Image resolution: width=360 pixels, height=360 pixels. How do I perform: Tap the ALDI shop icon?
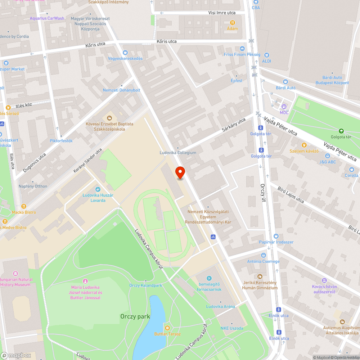click(266, 55)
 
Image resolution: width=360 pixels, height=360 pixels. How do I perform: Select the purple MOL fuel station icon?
click(284, 107)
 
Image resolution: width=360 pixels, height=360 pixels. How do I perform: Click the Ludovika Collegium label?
click(178, 153)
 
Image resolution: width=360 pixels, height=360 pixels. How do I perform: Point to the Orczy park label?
click(135, 316)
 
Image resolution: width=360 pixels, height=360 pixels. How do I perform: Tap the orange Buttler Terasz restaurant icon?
click(167, 328)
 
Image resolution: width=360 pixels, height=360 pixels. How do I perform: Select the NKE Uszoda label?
click(231, 328)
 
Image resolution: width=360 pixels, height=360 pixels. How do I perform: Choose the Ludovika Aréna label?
click(220, 306)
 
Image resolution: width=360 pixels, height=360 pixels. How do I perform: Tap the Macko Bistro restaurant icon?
click(24, 206)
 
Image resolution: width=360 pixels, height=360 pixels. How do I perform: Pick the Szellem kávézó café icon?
click(304, 145)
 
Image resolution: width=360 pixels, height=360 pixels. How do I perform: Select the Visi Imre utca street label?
click(222, 13)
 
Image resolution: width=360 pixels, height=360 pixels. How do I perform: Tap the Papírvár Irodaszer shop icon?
click(276, 236)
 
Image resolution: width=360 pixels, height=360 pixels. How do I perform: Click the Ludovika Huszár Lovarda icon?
click(98, 189)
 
